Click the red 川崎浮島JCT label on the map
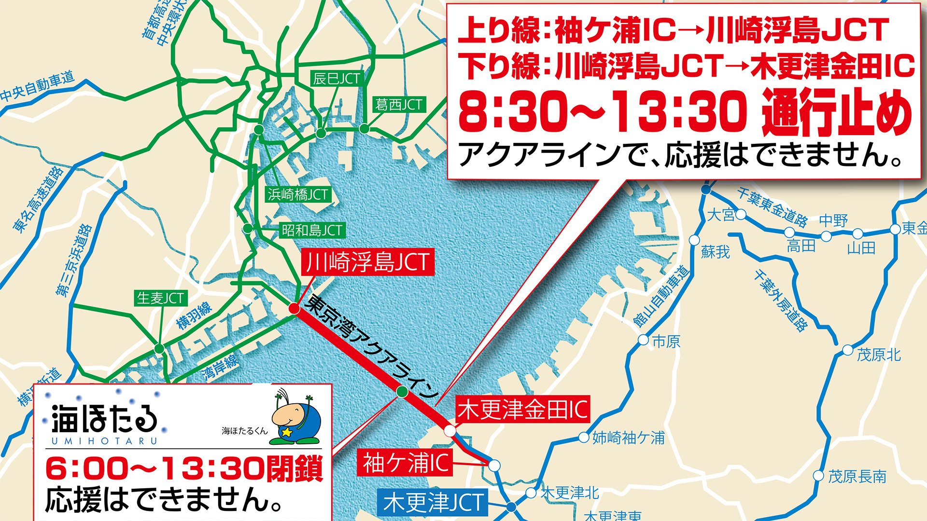pyautogui.click(x=367, y=262)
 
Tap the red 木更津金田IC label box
pyautogui.click(x=522, y=410)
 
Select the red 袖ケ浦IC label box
pyautogui.click(x=405, y=463)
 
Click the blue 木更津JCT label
pyautogui.click(x=433, y=502)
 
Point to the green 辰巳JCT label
pyautogui.click(x=336, y=79)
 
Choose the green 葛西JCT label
pyautogui.click(x=398, y=104)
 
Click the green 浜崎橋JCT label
pyautogui.click(x=298, y=194)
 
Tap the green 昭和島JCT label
pyautogui.click(x=312, y=230)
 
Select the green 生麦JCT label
pyautogui.click(x=160, y=298)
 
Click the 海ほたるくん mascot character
pyautogui.click(x=295, y=418)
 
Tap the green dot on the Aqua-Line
pyautogui.click(x=402, y=392)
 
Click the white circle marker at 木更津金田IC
pyautogui.click(x=449, y=430)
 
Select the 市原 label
pyautogui.click(x=666, y=342)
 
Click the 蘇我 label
pyautogui.click(x=715, y=251)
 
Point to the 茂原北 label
pyautogui.click(x=878, y=355)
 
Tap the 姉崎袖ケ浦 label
pyautogui.click(x=628, y=438)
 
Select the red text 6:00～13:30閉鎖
pyautogui.click(x=184, y=469)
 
